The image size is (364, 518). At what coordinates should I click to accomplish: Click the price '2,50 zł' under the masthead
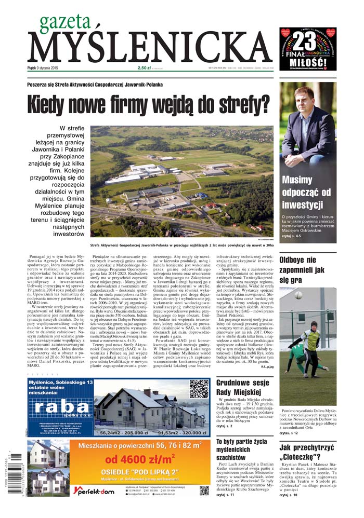(x=144, y=67)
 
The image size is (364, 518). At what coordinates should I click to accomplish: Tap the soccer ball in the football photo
(x=298, y=295)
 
